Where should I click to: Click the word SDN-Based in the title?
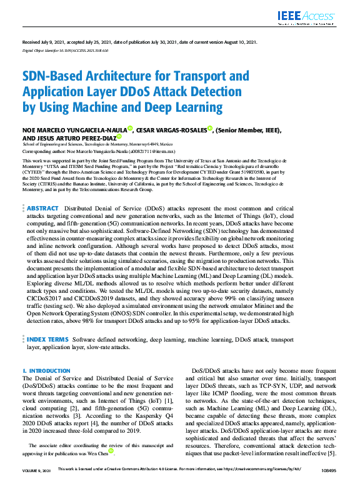click(x=49, y=78)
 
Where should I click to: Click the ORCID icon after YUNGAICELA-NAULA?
click(x=130, y=129)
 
